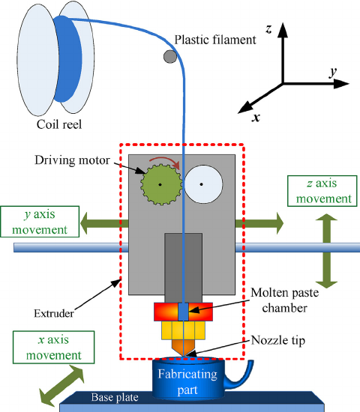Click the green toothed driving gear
tap(161, 184)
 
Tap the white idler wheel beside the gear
tap(203, 184)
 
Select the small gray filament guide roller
tap(170, 56)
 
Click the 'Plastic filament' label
tap(215, 40)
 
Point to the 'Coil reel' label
tap(59, 124)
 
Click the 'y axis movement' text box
tap(40, 222)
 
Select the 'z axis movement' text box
tap(322, 191)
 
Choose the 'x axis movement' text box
tap(54, 347)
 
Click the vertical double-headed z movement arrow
tap(326, 251)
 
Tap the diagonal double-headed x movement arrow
tap(61, 386)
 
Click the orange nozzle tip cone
tap(184, 348)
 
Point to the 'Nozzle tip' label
tap(278, 340)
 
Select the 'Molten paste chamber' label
tap(285, 300)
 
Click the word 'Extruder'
tap(54, 313)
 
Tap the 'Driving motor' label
tap(72, 160)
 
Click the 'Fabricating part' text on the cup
tap(187, 382)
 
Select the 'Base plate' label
tap(115, 397)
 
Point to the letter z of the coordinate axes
tap(268, 28)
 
